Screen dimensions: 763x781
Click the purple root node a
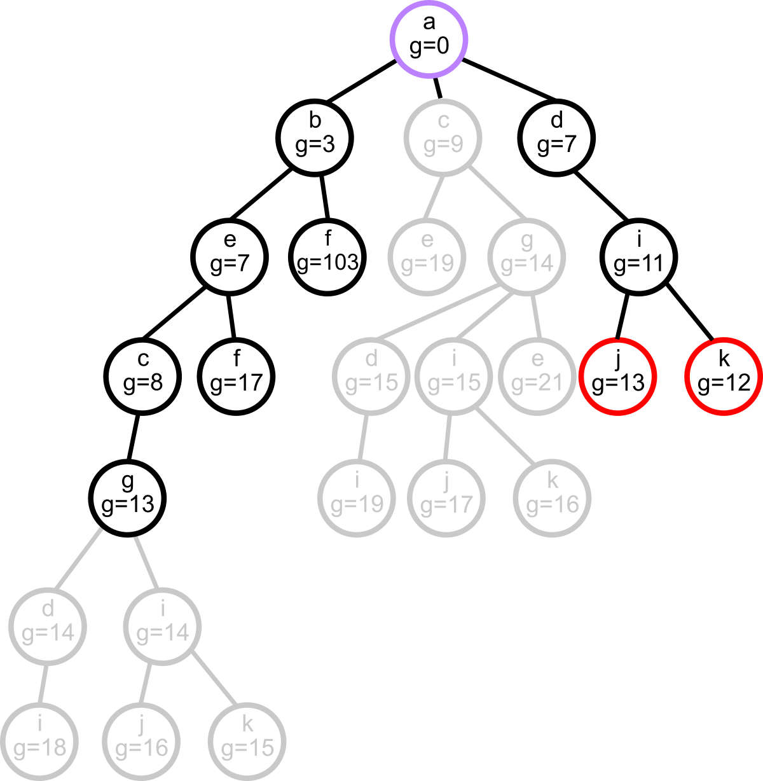point(429,39)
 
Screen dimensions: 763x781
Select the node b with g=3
point(315,137)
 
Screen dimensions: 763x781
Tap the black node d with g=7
point(556,137)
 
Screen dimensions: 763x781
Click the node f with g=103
point(327,257)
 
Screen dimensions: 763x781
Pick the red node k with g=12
point(724,377)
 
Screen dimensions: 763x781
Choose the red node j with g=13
point(618,377)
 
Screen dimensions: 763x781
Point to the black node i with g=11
point(638,257)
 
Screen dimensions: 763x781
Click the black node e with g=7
point(230,257)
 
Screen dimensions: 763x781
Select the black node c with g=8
point(143,377)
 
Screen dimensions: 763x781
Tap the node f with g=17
point(237,377)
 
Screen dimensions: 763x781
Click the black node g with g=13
point(128,499)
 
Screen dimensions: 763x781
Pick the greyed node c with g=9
point(443,137)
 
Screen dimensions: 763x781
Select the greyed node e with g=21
point(537,377)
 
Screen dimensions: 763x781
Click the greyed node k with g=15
point(247,742)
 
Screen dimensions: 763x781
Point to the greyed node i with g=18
point(39,742)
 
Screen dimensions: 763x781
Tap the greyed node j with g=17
point(446,499)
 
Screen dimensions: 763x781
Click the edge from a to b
point(361,80)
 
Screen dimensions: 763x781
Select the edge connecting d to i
point(600,197)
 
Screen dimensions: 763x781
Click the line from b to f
point(324,197)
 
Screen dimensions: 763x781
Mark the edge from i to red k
point(690,312)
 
